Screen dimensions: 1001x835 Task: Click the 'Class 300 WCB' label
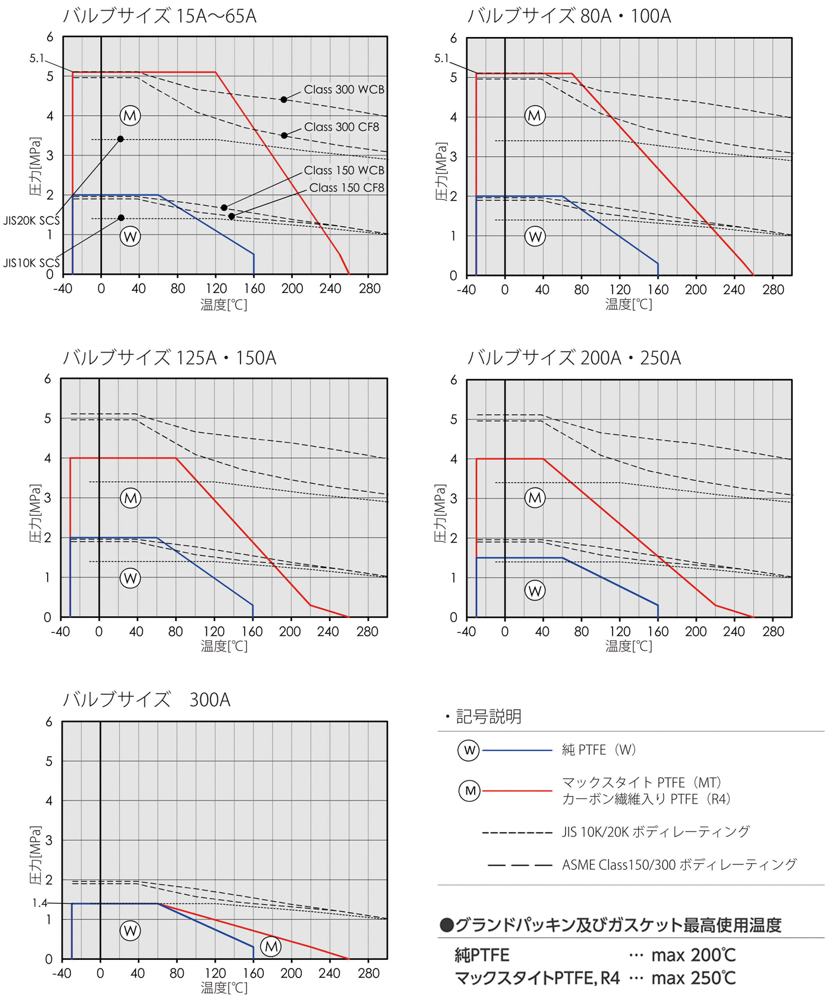pos(344,89)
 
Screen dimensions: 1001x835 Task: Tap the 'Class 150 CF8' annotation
pos(347,188)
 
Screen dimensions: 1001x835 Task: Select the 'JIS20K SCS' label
pos(31,221)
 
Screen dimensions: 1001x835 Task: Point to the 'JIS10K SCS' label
pos(31,263)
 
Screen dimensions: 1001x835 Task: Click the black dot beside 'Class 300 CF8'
pos(284,135)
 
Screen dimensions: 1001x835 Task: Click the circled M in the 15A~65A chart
pos(130,115)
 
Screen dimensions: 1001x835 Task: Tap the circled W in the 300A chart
pos(130,930)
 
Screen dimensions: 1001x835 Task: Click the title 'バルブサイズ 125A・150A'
pos(169,358)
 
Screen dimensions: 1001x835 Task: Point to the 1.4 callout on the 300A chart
pos(39,903)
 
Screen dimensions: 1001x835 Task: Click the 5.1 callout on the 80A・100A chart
pos(441,58)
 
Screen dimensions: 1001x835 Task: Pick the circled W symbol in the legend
pos(469,750)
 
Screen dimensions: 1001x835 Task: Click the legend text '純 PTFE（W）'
pos(599,750)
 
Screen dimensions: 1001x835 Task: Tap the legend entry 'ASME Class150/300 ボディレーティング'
pos(679,864)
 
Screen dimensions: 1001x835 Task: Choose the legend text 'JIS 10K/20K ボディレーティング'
pos(655,832)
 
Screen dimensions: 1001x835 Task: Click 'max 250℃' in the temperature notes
pos(693,978)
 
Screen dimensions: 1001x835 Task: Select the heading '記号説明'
pos(488,716)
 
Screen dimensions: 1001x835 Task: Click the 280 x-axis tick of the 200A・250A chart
pos(773,631)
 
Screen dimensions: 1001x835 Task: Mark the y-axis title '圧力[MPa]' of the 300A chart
pos(36,854)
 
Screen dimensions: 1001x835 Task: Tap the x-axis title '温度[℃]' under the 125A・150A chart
pos(224,646)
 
